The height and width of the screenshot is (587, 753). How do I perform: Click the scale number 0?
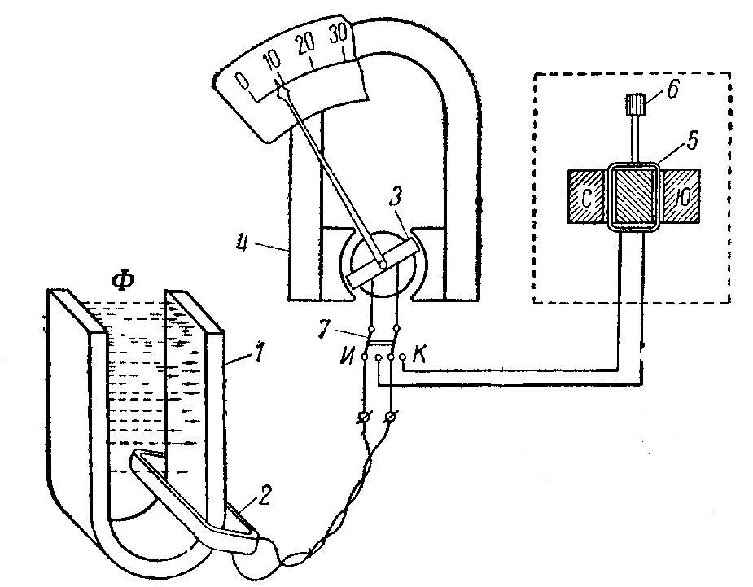click(x=243, y=81)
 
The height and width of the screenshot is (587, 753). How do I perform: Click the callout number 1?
click(x=260, y=354)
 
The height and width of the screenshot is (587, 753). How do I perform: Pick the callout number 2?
click(x=264, y=497)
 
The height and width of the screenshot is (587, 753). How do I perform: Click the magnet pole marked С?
click(x=585, y=196)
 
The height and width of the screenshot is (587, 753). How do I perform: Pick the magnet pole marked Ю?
click(x=681, y=196)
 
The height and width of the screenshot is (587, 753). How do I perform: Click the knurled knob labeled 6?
click(x=637, y=103)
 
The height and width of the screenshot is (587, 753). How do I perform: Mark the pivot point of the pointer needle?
click(x=383, y=264)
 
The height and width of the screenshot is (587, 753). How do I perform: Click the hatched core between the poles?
click(x=633, y=196)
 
